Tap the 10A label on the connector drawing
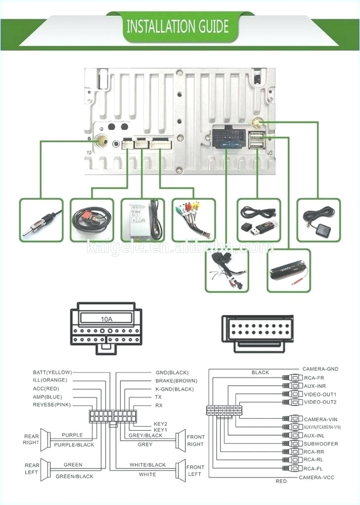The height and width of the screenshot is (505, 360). [x=106, y=319]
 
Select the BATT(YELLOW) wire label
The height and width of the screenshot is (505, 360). [x=52, y=372]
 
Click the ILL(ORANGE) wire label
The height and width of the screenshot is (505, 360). [x=49, y=380]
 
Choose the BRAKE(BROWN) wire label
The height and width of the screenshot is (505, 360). [x=176, y=381]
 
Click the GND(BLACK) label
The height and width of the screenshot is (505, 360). [x=172, y=372]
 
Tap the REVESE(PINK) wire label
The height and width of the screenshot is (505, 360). [x=52, y=405]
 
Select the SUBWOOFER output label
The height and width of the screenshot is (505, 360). [x=321, y=444]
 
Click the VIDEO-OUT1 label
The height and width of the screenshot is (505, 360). [x=320, y=394]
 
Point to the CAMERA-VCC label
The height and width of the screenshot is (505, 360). [x=318, y=477]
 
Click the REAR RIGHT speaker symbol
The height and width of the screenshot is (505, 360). [x=46, y=440]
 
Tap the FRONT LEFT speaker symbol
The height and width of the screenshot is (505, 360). [x=180, y=470]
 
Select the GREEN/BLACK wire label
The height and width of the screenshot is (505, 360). [x=74, y=476]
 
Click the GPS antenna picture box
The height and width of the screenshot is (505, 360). [x=318, y=220]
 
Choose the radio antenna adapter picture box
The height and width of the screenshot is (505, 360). [x=42, y=220]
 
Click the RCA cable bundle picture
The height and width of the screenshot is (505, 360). [x=193, y=220]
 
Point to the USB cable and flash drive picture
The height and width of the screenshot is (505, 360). [x=259, y=220]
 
